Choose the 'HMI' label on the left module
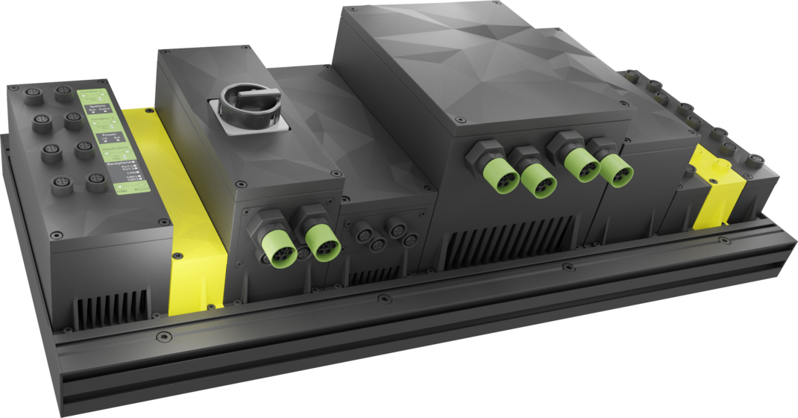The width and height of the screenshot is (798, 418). click(x=119, y=192)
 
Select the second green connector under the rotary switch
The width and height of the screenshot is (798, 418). click(x=322, y=240)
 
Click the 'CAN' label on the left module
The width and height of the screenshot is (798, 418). click(x=130, y=172)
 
